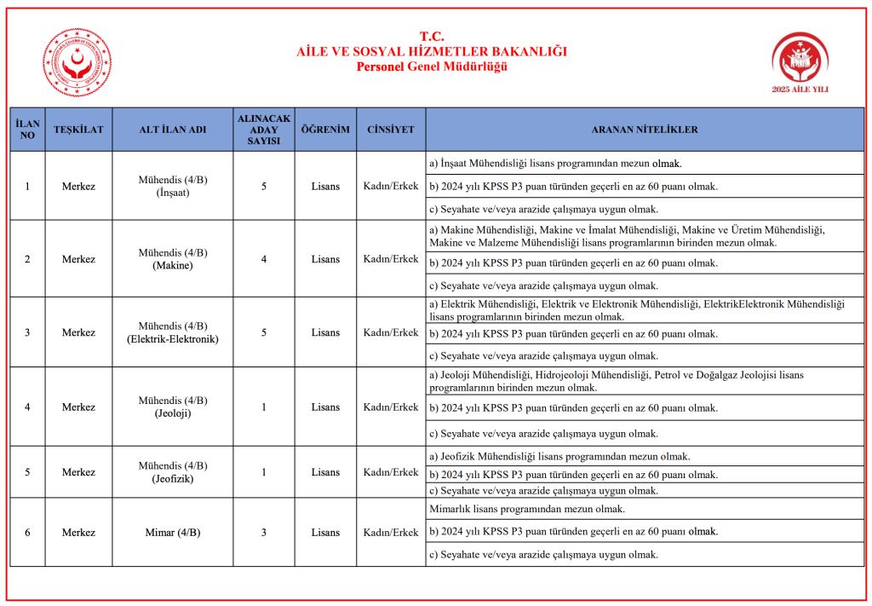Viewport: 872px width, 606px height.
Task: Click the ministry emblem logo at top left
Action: (77, 63)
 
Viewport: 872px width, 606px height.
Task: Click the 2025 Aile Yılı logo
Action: (800, 63)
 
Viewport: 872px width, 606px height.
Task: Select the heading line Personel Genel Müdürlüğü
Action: (432, 66)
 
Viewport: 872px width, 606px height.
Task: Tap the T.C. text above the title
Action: (432, 37)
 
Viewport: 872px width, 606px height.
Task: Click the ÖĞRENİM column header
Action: (325, 130)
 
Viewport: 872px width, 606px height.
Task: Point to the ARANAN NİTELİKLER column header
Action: (645, 130)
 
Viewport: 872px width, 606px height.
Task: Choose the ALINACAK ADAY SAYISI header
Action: (264, 130)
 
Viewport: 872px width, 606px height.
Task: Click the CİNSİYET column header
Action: (391, 130)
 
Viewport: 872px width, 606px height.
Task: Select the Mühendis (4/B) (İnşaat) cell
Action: (173, 187)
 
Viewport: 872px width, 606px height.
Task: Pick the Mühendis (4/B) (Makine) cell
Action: (173, 259)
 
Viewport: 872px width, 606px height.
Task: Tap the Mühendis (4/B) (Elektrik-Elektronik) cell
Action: (173, 332)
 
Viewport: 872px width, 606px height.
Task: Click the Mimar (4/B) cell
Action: (173, 533)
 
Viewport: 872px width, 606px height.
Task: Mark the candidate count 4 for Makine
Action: (264, 259)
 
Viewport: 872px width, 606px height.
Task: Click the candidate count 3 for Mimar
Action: (264, 533)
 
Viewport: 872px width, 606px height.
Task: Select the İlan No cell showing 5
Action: (27, 472)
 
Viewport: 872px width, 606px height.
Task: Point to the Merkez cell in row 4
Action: (78, 407)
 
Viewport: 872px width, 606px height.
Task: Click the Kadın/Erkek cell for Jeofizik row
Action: (391, 472)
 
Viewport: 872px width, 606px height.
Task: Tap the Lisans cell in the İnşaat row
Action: (325, 187)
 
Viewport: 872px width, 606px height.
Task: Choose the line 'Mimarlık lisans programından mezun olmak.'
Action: (527, 509)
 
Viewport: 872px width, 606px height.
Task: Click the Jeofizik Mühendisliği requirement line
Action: (559, 457)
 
